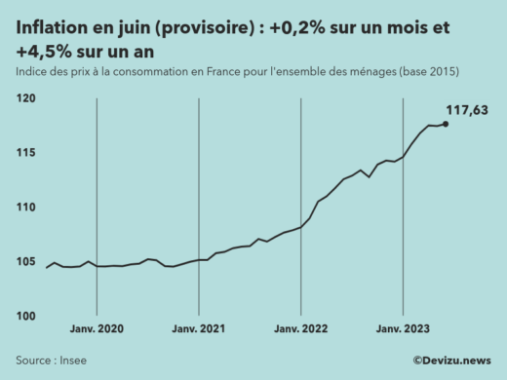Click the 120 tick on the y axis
[26, 99]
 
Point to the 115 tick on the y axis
[26, 153]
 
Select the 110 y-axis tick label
[26, 208]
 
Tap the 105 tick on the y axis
[26, 262]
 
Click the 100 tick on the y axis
[26, 317]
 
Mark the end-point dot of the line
[446, 124]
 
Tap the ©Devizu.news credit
[451, 361]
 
